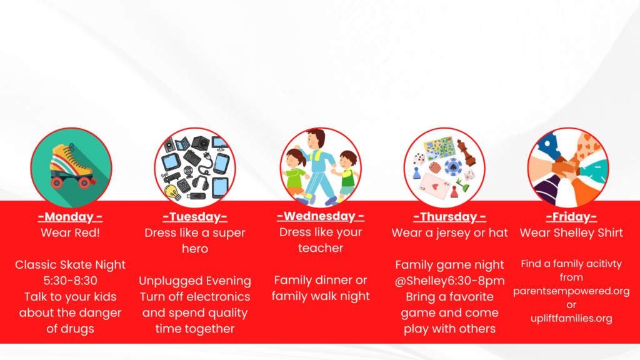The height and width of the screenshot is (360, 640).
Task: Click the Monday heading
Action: [x=70, y=217]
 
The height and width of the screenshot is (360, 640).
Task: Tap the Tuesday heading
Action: [x=195, y=217]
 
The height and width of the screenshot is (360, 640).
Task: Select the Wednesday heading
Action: [x=321, y=216]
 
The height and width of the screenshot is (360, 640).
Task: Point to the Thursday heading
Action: [x=449, y=217]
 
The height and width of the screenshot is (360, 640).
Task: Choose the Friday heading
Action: [x=571, y=217]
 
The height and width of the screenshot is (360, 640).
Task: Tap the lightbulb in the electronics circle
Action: [x=172, y=192]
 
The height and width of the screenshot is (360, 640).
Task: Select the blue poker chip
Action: [x=452, y=167]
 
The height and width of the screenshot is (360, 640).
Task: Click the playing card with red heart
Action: [x=434, y=186]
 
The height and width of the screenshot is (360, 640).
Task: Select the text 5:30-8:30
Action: [x=70, y=281]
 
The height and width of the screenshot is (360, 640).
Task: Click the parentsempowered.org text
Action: [x=571, y=291]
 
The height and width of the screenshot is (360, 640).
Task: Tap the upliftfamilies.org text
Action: [x=571, y=318]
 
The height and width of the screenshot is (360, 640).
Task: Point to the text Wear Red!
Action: [x=70, y=232]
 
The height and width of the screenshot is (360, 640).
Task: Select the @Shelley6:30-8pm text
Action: [x=449, y=281]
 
